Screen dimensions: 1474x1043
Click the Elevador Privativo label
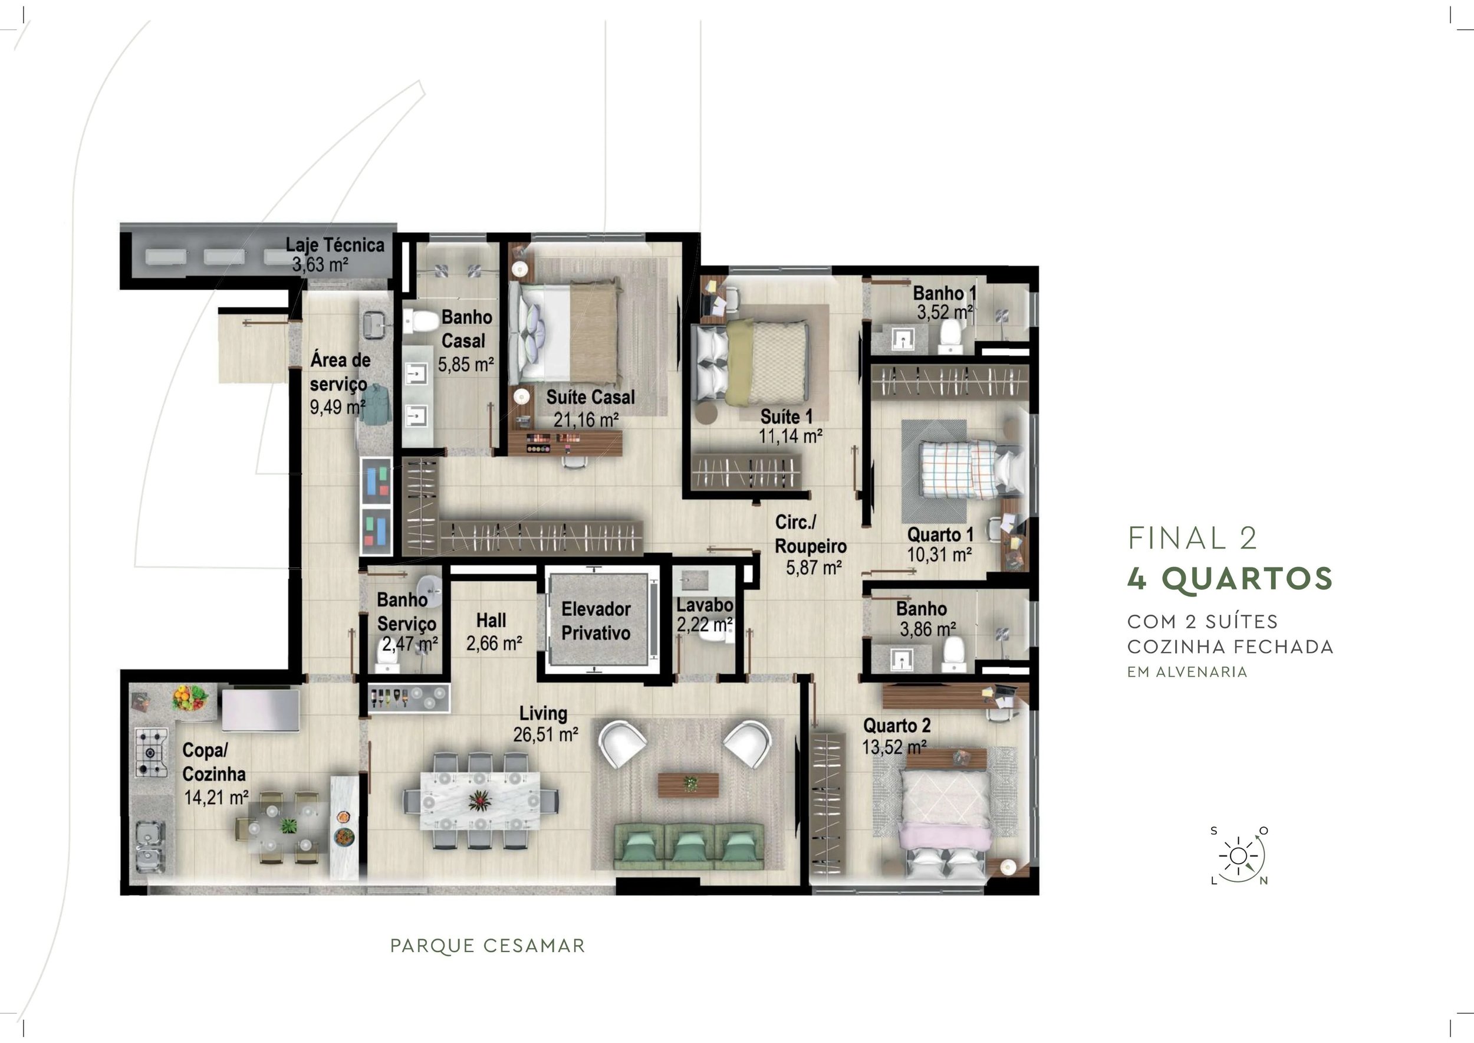[595, 621]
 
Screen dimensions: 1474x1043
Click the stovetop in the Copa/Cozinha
[151, 752]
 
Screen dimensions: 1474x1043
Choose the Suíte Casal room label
[590, 397]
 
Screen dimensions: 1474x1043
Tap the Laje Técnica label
[334, 245]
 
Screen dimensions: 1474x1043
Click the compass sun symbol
[1238, 856]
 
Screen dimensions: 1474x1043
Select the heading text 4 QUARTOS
[1230, 579]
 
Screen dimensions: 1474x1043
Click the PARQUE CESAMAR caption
[487, 946]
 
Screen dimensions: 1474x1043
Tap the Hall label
[491, 621]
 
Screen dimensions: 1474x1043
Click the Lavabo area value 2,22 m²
[704, 624]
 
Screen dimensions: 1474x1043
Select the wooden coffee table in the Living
[688, 784]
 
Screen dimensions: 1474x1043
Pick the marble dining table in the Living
[480, 800]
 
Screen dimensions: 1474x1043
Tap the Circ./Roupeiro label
[810, 534]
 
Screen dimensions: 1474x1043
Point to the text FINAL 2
[1192, 538]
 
